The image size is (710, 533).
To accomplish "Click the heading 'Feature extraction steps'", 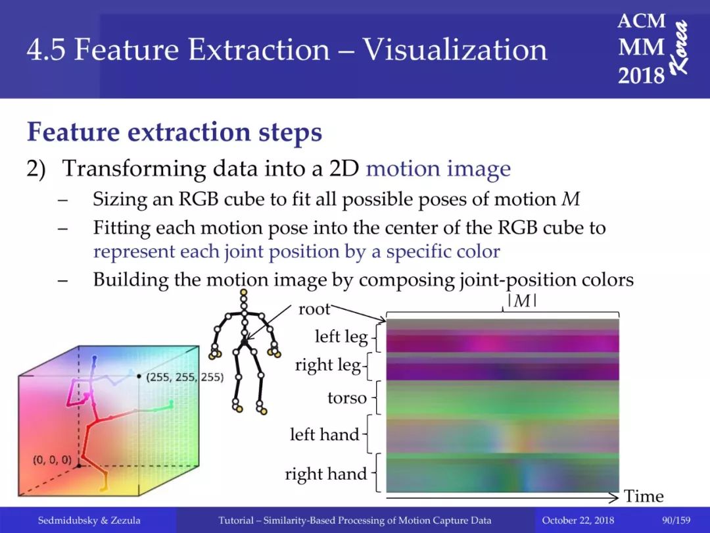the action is click(174, 132).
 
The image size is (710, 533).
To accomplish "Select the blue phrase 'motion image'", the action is click(438, 168).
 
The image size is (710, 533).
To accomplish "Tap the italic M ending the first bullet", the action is click(570, 199).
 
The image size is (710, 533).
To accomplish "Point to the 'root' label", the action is click(314, 309).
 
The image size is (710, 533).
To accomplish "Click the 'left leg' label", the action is click(341, 337).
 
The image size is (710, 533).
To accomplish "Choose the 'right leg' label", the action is click(328, 365).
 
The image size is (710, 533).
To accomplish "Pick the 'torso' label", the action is click(347, 398).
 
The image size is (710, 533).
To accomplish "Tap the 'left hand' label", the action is click(324, 434).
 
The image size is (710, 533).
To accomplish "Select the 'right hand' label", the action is click(325, 474).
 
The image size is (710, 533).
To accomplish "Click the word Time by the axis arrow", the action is click(644, 496).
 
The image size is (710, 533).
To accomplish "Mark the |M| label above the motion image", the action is click(522, 301).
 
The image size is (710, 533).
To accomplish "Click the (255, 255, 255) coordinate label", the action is click(185, 376).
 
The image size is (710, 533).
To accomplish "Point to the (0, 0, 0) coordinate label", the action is click(52, 459).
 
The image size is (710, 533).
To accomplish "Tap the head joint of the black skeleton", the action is click(244, 292).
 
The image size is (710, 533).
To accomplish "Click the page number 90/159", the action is click(676, 520).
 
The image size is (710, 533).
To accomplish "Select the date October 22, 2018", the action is click(578, 520).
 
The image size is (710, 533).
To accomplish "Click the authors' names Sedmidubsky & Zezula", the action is click(89, 520).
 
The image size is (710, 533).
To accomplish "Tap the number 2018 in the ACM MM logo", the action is click(641, 75).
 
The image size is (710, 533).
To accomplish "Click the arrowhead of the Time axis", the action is click(613, 497).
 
